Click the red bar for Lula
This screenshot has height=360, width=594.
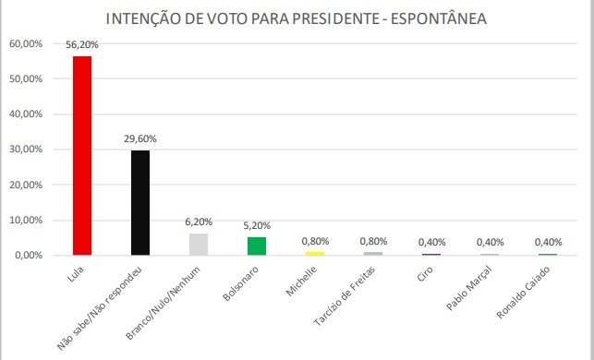(x=82, y=156)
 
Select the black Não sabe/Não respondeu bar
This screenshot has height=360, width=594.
(x=140, y=202)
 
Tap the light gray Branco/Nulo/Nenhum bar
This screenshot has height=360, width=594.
(x=199, y=245)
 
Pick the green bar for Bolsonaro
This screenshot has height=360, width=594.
(x=257, y=246)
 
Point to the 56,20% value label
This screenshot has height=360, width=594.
(x=82, y=44)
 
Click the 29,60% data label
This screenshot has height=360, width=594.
(x=140, y=139)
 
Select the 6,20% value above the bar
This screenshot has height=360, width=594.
(x=199, y=222)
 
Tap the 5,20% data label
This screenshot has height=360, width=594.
(x=257, y=225)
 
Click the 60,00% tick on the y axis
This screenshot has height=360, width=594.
(x=26, y=43)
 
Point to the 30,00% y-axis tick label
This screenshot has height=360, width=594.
(x=26, y=150)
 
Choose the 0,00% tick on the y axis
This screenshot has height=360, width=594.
(x=29, y=256)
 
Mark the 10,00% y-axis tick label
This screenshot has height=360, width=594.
(x=26, y=221)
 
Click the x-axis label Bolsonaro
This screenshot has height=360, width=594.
(x=241, y=283)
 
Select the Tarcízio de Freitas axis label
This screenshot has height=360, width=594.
(x=345, y=296)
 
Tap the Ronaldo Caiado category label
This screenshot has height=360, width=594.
(x=523, y=292)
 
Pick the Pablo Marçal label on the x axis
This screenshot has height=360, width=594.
(x=469, y=288)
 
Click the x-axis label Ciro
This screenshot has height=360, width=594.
(x=425, y=273)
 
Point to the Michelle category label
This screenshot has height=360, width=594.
(x=301, y=281)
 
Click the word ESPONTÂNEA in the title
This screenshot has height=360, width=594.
(x=439, y=18)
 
